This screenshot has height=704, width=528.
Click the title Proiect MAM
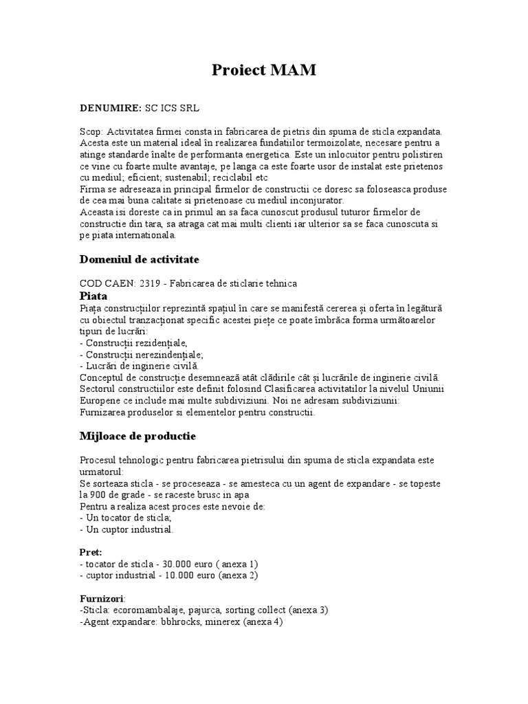tap(263, 69)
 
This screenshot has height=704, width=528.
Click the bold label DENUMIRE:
tap(111, 108)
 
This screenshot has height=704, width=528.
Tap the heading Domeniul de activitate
tap(140, 259)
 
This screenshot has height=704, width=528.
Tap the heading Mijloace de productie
tap(138, 436)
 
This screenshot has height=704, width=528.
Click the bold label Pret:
tap(91, 552)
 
